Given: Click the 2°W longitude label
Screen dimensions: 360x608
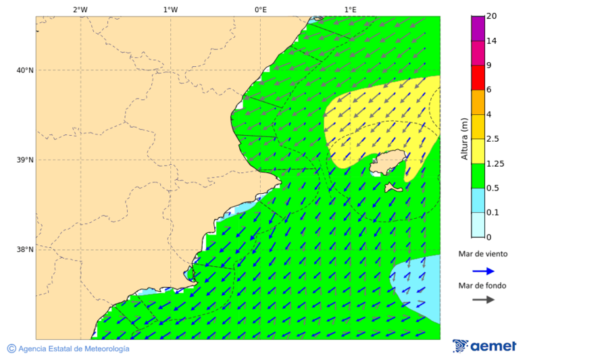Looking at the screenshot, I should click(x=80, y=9).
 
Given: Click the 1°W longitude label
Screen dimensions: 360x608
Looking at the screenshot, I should click(x=170, y=9).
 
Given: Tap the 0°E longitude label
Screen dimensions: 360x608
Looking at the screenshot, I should click(x=260, y=9).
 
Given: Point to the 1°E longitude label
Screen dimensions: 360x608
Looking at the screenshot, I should click(x=350, y=9).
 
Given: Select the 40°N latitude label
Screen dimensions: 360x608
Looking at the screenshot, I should click(x=25, y=70).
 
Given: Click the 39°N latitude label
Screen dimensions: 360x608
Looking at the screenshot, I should click(x=25, y=160).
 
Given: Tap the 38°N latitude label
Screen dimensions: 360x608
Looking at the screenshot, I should click(x=25, y=250).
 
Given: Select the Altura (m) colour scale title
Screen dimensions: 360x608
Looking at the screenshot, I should click(x=464, y=138).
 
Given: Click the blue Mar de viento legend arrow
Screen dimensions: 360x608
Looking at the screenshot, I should click(x=483, y=271).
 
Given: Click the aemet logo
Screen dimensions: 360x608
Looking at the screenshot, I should click(x=484, y=346).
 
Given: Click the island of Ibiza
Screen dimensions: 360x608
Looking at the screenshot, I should click(x=390, y=163).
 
